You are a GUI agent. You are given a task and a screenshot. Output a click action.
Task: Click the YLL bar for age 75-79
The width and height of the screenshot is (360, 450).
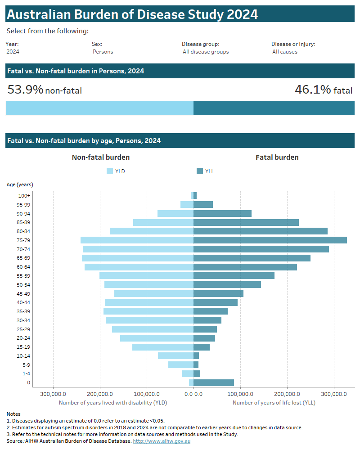tap(270, 240)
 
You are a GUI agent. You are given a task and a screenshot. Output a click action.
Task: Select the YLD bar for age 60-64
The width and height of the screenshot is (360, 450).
tap(139, 267)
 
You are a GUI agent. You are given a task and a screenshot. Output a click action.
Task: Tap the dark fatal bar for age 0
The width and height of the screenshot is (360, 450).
tap(214, 382)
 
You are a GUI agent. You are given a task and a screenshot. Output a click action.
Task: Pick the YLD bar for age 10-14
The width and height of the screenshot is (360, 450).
tap(175, 355)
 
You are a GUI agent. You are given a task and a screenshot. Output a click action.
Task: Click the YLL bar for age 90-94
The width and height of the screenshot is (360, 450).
tap(222, 213)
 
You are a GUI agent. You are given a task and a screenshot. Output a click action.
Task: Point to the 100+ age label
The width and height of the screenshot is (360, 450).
tap(25, 196)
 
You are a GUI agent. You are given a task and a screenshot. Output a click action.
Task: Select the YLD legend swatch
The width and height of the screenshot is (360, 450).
tap(110, 171)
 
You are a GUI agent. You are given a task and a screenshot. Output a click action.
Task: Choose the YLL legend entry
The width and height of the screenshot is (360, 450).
tap(205, 171)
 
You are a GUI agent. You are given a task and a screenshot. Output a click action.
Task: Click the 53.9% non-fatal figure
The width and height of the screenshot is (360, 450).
tap(45, 90)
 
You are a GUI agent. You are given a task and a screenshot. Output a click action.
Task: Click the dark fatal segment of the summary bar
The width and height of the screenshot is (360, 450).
tap(274, 108)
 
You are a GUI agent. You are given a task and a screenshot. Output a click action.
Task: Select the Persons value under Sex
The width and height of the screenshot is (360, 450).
tap(103, 52)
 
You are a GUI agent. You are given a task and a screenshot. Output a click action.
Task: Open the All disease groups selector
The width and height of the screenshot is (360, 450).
tap(205, 52)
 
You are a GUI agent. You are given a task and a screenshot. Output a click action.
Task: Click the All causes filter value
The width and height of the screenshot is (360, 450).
tap(285, 52)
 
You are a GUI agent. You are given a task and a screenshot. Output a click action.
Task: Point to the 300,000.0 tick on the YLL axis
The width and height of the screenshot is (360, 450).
tap(334, 394)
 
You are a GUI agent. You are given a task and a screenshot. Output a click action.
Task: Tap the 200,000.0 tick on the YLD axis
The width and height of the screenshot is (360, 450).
tap(100, 394)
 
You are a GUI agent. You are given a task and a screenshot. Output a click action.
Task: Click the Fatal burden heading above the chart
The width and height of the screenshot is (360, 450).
tap(277, 157)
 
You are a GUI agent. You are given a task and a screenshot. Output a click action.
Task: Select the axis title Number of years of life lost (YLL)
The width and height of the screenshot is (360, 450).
tap(274, 403)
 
